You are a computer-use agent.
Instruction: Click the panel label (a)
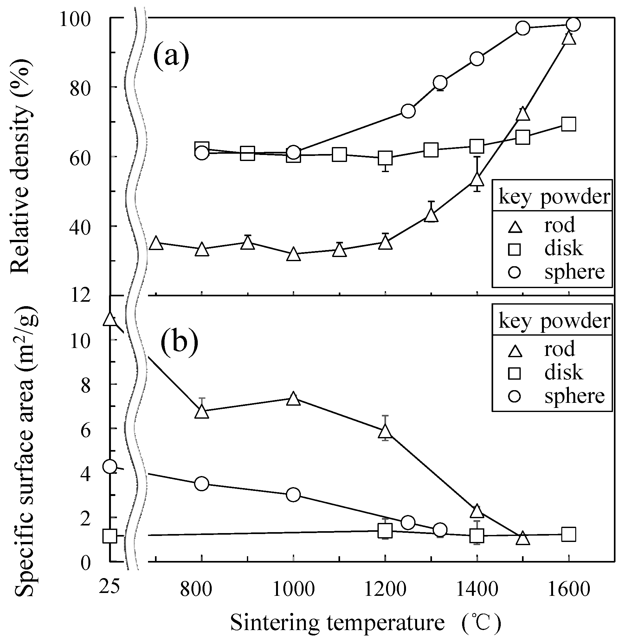(171, 56)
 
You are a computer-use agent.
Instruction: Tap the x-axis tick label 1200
(385, 589)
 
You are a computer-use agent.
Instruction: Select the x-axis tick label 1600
(569, 589)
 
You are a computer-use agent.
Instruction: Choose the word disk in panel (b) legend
(564, 373)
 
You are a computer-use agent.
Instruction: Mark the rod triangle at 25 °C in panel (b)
(109, 319)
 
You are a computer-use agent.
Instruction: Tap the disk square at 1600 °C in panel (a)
(569, 124)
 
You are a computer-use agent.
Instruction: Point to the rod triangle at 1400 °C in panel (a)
(477, 180)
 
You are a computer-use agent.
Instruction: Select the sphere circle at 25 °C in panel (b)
(110, 466)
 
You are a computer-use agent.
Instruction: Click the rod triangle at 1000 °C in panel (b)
(293, 399)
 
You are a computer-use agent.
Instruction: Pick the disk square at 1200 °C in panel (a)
(385, 158)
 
